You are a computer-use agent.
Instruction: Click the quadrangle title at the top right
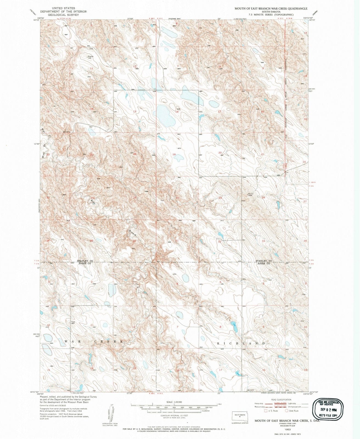click(x=271, y=9)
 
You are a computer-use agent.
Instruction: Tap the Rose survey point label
click(x=73, y=322)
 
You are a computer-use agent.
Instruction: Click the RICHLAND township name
click(x=241, y=343)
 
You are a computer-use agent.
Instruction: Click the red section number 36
click(x=134, y=241)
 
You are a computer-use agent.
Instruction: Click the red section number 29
click(x=220, y=198)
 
